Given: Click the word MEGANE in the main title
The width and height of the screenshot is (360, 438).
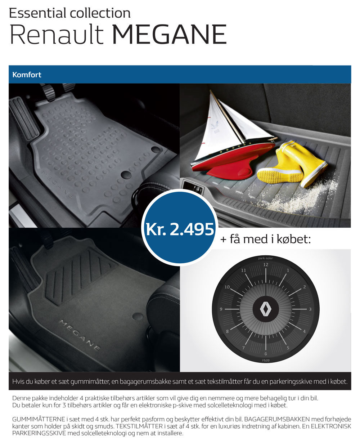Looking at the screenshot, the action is click(x=170, y=34).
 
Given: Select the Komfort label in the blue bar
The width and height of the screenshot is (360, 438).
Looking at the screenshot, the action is click(x=27, y=75).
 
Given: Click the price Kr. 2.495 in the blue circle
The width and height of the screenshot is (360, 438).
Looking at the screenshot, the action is click(x=180, y=229).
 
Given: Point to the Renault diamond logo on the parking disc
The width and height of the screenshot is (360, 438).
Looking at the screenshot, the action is click(x=266, y=309).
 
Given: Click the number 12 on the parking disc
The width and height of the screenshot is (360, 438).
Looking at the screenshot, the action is click(x=266, y=265).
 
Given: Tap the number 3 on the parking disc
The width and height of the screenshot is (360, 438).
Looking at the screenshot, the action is click(x=310, y=309).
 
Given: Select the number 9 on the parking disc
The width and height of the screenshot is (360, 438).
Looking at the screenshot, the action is click(x=221, y=309).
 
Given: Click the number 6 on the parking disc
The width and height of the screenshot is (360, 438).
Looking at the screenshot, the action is click(x=266, y=354).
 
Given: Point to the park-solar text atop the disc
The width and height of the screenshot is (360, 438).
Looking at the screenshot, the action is click(x=266, y=258).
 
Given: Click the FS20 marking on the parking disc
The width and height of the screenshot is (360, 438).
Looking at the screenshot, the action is click(x=266, y=360).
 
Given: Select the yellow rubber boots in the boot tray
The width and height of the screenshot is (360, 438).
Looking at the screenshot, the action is click(x=292, y=164).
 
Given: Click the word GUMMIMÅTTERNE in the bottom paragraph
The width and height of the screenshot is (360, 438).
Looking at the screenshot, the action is click(x=39, y=419).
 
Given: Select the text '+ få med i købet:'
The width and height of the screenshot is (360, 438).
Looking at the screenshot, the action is click(x=265, y=239).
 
